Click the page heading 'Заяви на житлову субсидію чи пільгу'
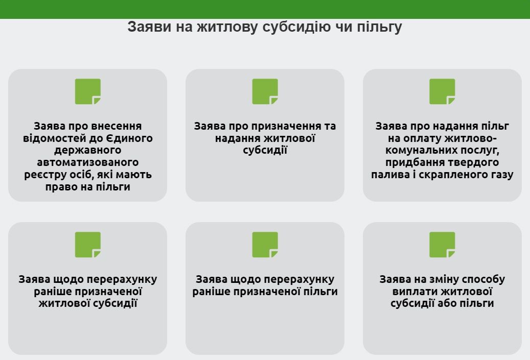tap(265, 27)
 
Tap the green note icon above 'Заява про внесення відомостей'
tap(88, 91)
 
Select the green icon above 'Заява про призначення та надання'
tap(265, 91)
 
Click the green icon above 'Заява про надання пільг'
tap(442, 91)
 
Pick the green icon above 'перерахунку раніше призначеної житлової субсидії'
tap(88, 245)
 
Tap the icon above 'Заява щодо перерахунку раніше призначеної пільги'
tap(265, 245)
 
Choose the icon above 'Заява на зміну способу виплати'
tap(442, 245)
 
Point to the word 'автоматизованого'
tap(88, 163)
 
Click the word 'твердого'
tap(475, 163)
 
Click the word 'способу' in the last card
tap(482, 279)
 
